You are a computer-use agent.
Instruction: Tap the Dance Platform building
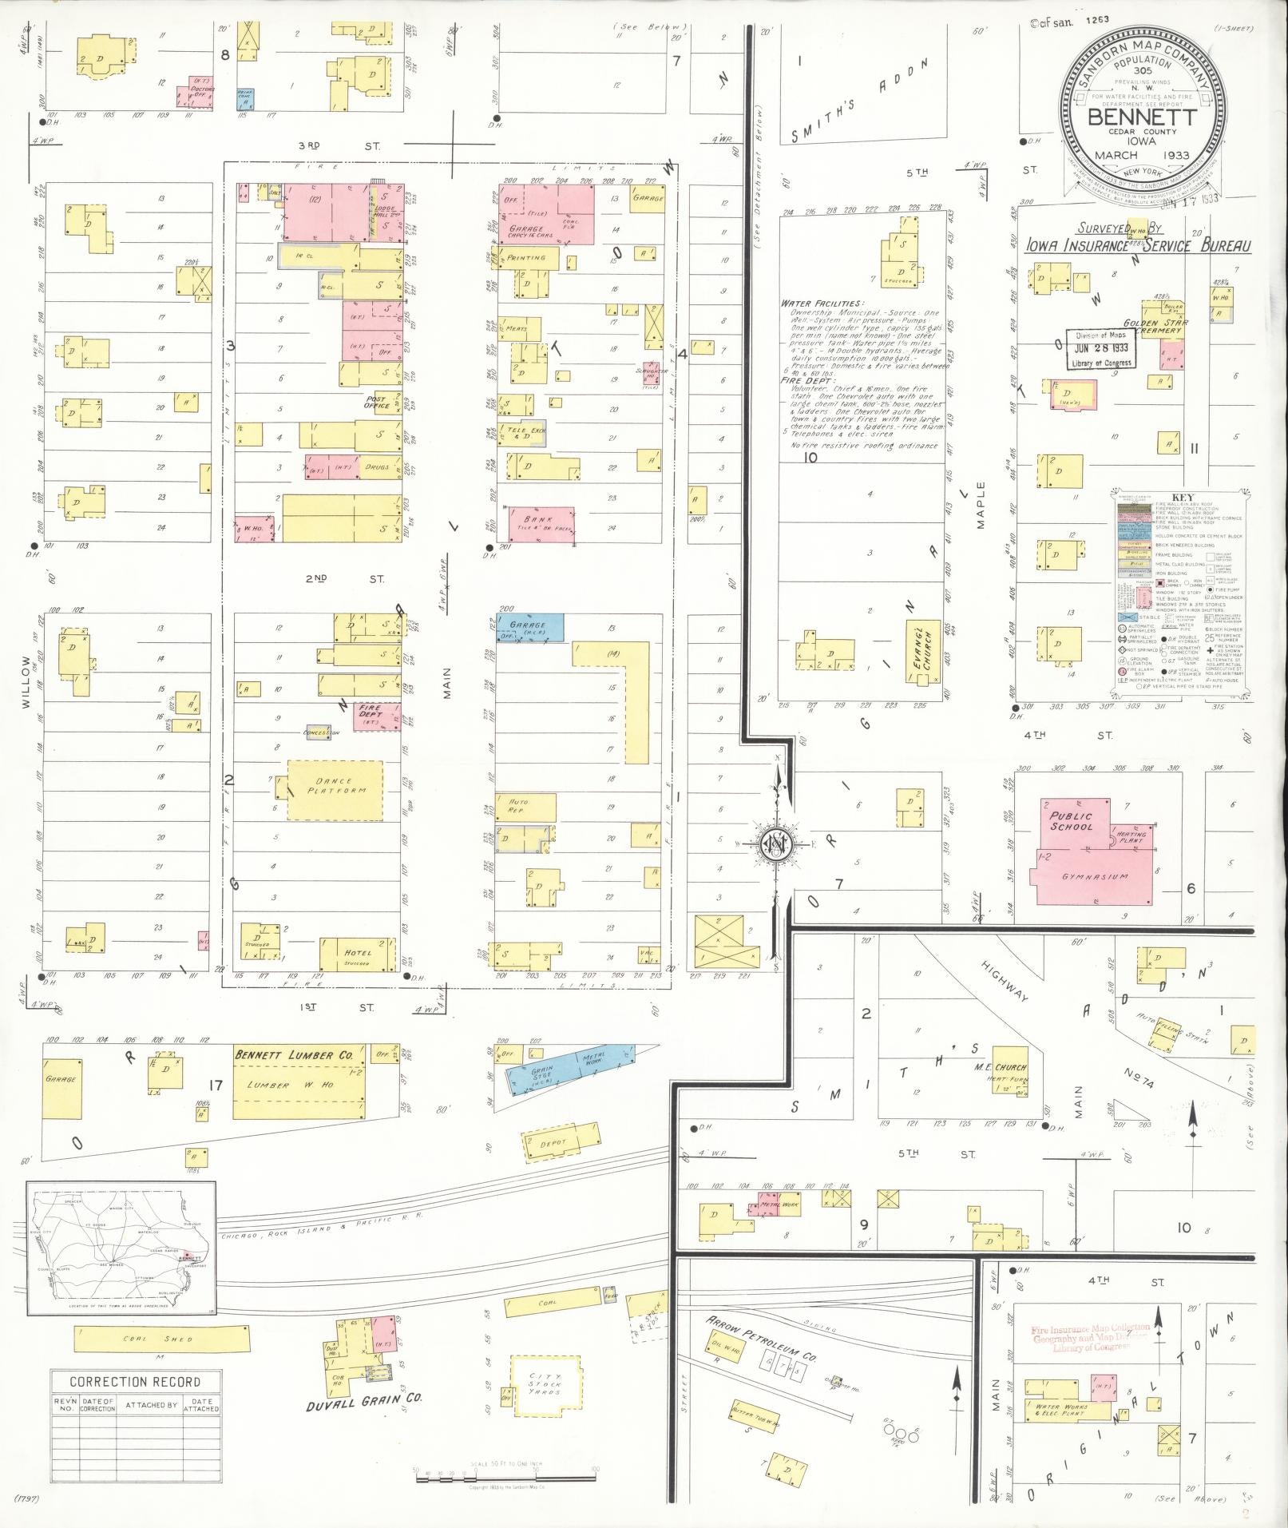click(x=334, y=789)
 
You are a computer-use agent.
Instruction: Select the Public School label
click(x=1071, y=821)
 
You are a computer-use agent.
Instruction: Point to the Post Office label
click(x=375, y=402)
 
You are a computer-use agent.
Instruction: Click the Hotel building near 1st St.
click(x=356, y=954)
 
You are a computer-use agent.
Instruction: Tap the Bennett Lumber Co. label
click(x=293, y=1055)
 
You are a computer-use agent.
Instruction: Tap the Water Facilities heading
click(x=822, y=304)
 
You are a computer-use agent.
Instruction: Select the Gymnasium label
click(x=1094, y=877)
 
